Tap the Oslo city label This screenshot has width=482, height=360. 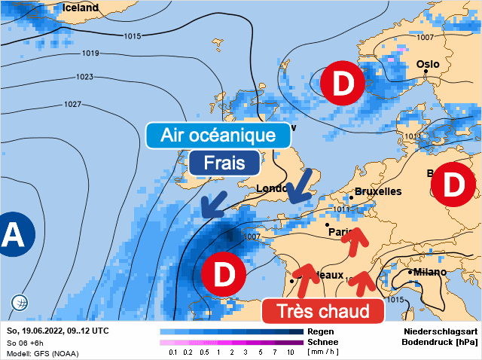click(428, 64)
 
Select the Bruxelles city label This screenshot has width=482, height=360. click(377, 191)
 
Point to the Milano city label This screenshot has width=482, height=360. click(430, 272)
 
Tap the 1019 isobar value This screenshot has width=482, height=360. click(91, 53)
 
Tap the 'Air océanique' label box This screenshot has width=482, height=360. click(218, 136)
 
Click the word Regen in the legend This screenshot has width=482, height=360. click(320, 331)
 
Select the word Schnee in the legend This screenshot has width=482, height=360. click(322, 342)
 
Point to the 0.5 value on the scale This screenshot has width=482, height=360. click(204, 352)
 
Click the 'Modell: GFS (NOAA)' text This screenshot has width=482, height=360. click(42, 353)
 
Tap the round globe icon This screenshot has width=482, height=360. click(20, 303)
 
